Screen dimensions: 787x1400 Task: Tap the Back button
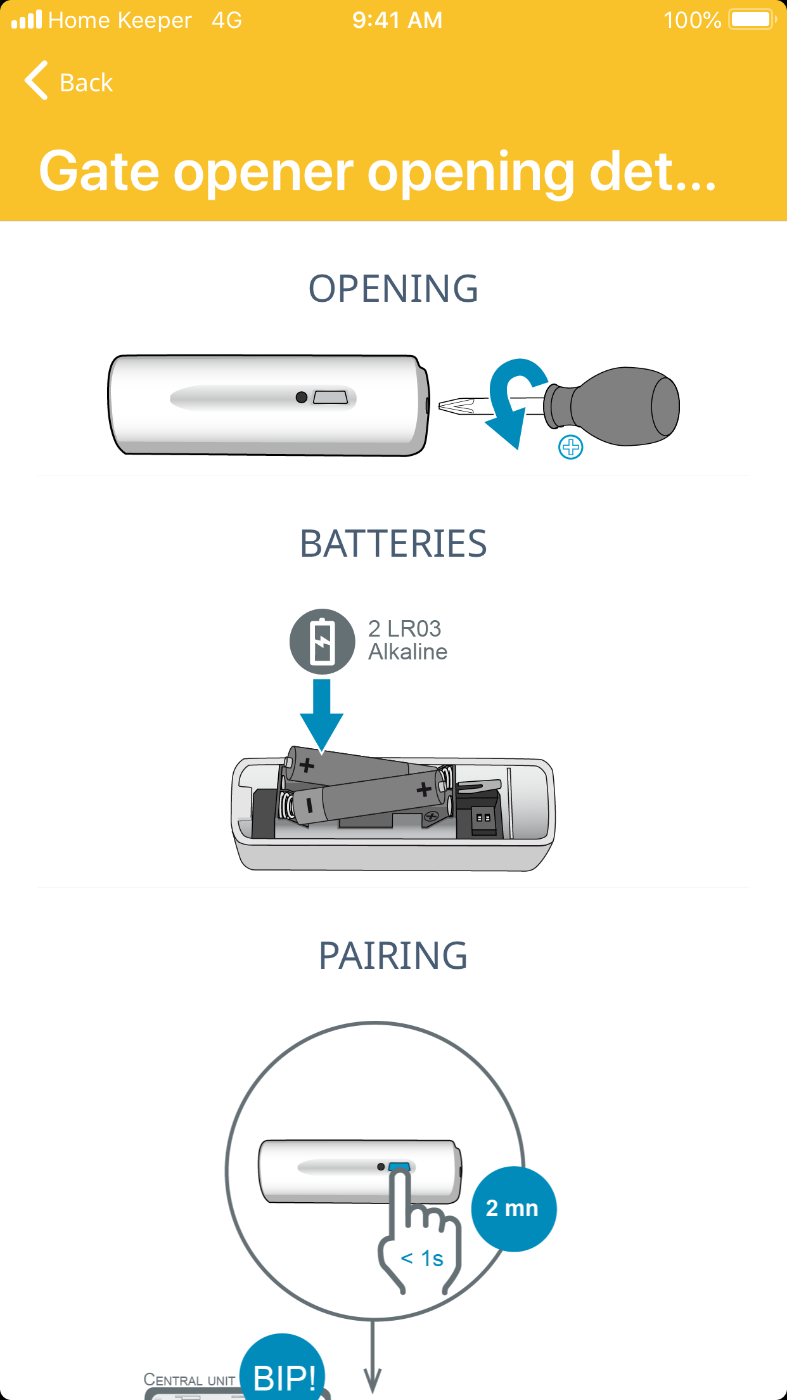(68, 81)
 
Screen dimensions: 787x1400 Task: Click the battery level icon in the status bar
(753, 20)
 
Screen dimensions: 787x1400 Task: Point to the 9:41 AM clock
(397, 20)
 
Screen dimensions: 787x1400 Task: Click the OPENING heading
(393, 288)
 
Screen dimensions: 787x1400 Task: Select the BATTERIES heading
(393, 544)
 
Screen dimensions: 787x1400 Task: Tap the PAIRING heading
(393, 956)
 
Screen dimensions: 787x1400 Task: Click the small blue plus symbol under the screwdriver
(571, 447)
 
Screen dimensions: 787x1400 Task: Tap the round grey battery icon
(323, 642)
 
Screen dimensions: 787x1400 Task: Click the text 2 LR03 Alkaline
(408, 640)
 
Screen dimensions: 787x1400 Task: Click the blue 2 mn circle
(513, 1209)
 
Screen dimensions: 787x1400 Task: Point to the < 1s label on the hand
(423, 1258)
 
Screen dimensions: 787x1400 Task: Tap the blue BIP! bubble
(283, 1370)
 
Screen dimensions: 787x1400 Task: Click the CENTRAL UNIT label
(189, 1380)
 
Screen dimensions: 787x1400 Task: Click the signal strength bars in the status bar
(27, 20)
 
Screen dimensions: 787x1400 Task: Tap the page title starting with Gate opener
(378, 171)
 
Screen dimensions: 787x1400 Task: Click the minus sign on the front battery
(310, 806)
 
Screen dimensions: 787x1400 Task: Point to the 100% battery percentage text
(693, 20)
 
